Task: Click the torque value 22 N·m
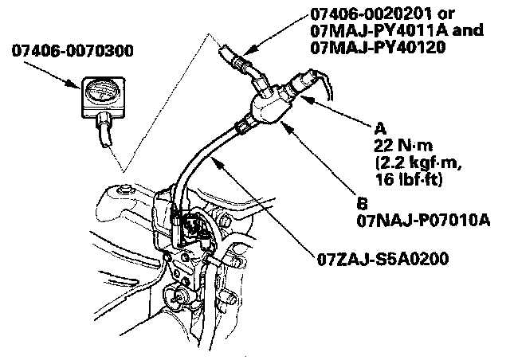pyautogui.click(x=398, y=145)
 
